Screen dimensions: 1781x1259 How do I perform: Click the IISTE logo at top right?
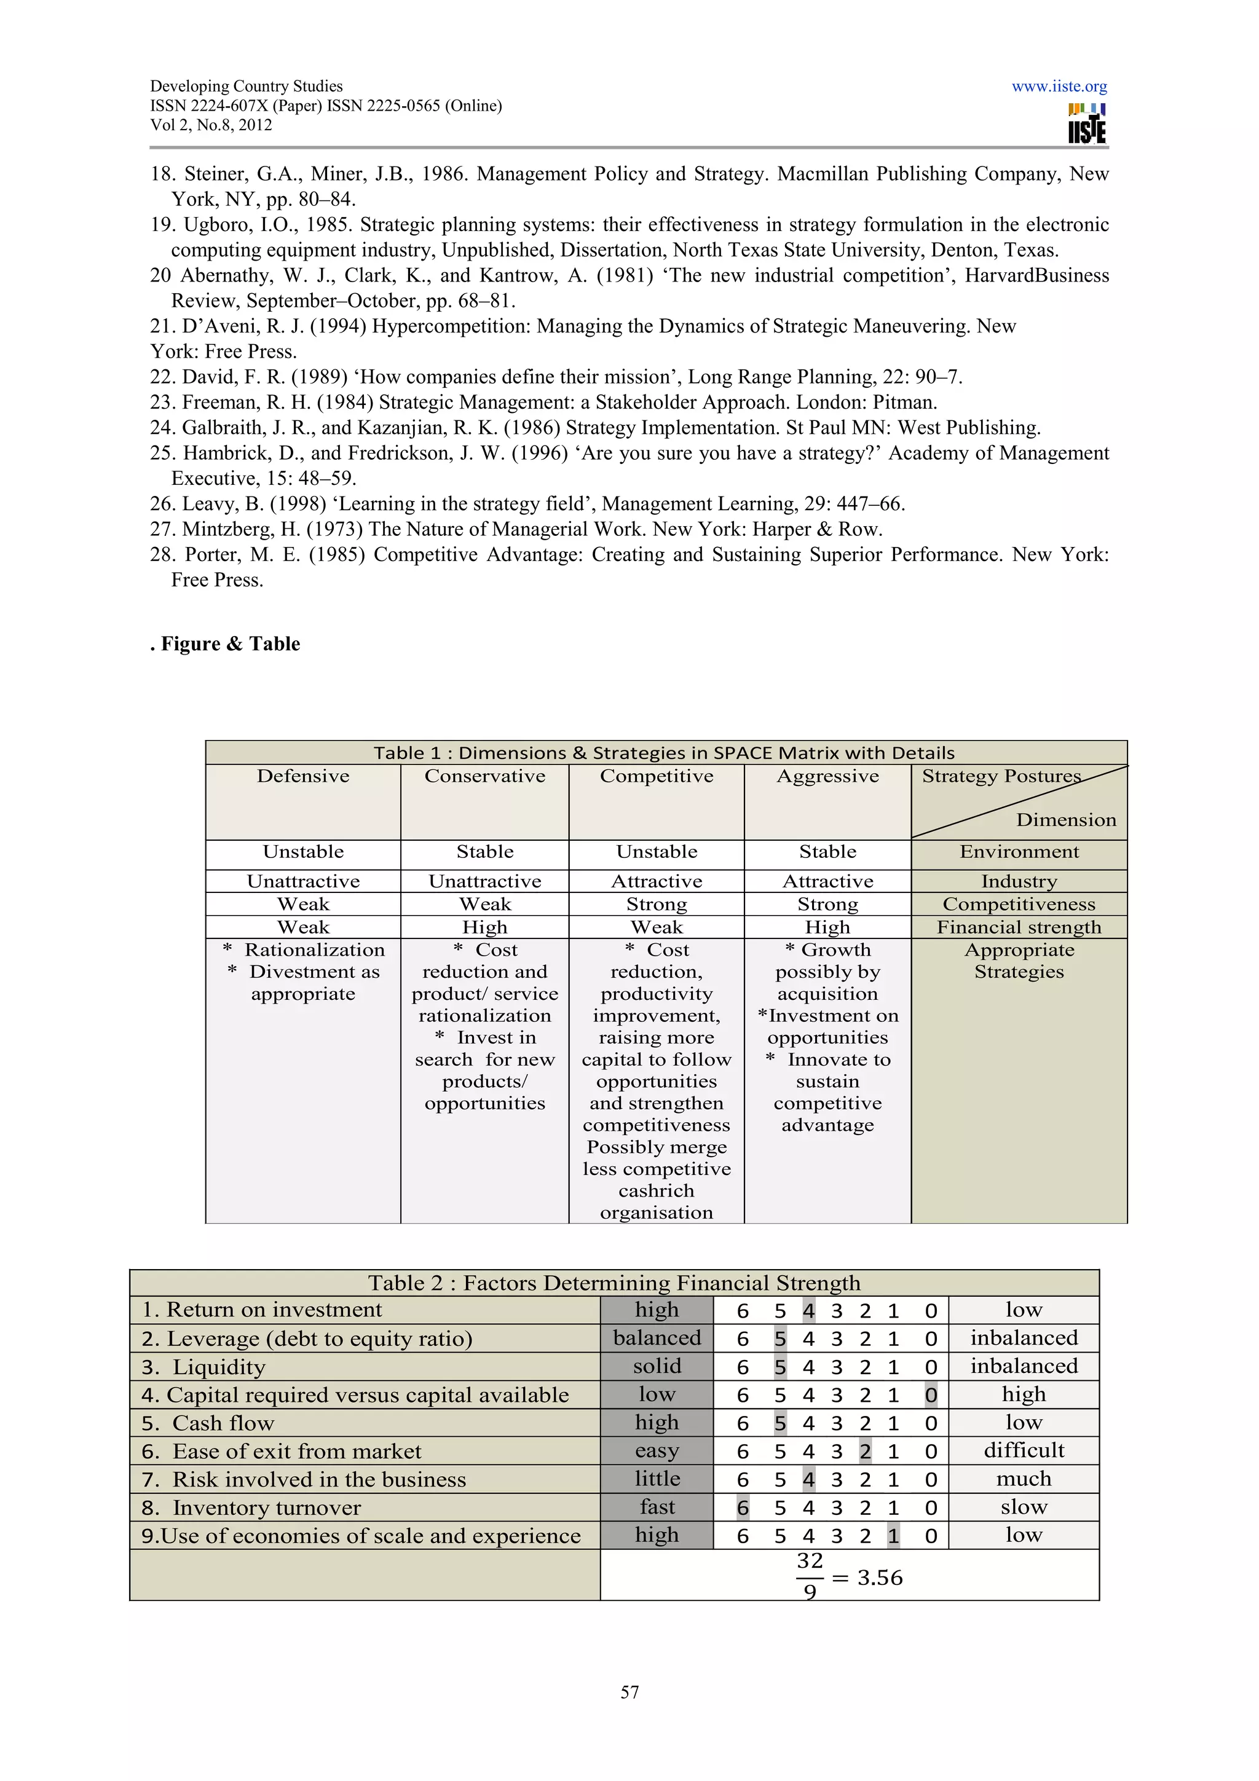tap(1087, 124)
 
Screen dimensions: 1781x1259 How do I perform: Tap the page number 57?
tap(629, 1692)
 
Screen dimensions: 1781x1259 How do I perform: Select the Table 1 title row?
tap(664, 752)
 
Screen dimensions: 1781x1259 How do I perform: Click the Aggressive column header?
tap(827, 776)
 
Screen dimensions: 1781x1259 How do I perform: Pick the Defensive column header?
tap(303, 776)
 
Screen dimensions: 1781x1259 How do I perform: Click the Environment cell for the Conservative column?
tap(485, 852)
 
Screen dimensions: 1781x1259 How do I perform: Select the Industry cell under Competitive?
tap(657, 881)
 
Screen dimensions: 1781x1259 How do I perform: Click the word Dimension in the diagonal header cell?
tap(1066, 820)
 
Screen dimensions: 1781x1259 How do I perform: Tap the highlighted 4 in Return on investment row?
tap(808, 1311)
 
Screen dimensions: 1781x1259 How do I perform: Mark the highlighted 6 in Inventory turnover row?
tap(743, 1508)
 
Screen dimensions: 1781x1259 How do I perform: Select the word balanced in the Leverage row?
tap(657, 1338)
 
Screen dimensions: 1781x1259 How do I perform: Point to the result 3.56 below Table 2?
tap(880, 1578)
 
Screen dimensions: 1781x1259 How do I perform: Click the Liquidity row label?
tap(219, 1367)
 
